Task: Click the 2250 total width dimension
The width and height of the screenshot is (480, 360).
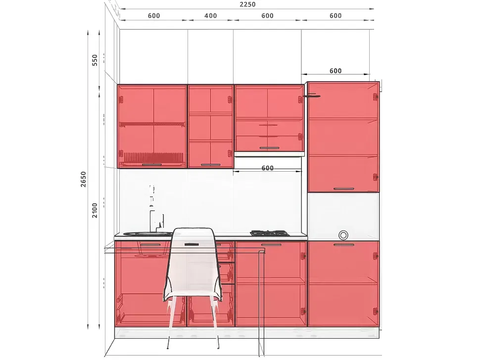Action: (247, 4)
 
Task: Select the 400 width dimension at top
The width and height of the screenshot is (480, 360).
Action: (211, 16)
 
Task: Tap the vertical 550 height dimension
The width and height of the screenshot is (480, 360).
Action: (95, 60)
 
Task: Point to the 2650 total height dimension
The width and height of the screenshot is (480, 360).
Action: (83, 179)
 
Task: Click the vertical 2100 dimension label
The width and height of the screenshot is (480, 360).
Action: (95, 210)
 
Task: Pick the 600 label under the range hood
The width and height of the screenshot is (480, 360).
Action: (268, 168)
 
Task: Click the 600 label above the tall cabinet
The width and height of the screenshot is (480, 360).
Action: (336, 71)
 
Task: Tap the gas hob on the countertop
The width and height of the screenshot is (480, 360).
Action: (270, 233)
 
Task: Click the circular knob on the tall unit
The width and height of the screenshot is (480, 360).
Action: (343, 235)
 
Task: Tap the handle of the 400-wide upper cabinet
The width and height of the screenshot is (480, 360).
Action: (211, 165)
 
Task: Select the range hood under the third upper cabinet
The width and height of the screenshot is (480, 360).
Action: (269, 154)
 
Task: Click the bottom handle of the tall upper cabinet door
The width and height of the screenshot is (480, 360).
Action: (344, 189)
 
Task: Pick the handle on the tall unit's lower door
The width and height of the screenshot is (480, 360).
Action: (344, 245)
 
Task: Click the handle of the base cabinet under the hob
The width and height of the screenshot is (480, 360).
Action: (271, 245)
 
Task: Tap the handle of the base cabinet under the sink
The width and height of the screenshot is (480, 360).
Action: (150, 245)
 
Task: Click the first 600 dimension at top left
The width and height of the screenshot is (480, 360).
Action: (154, 16)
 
